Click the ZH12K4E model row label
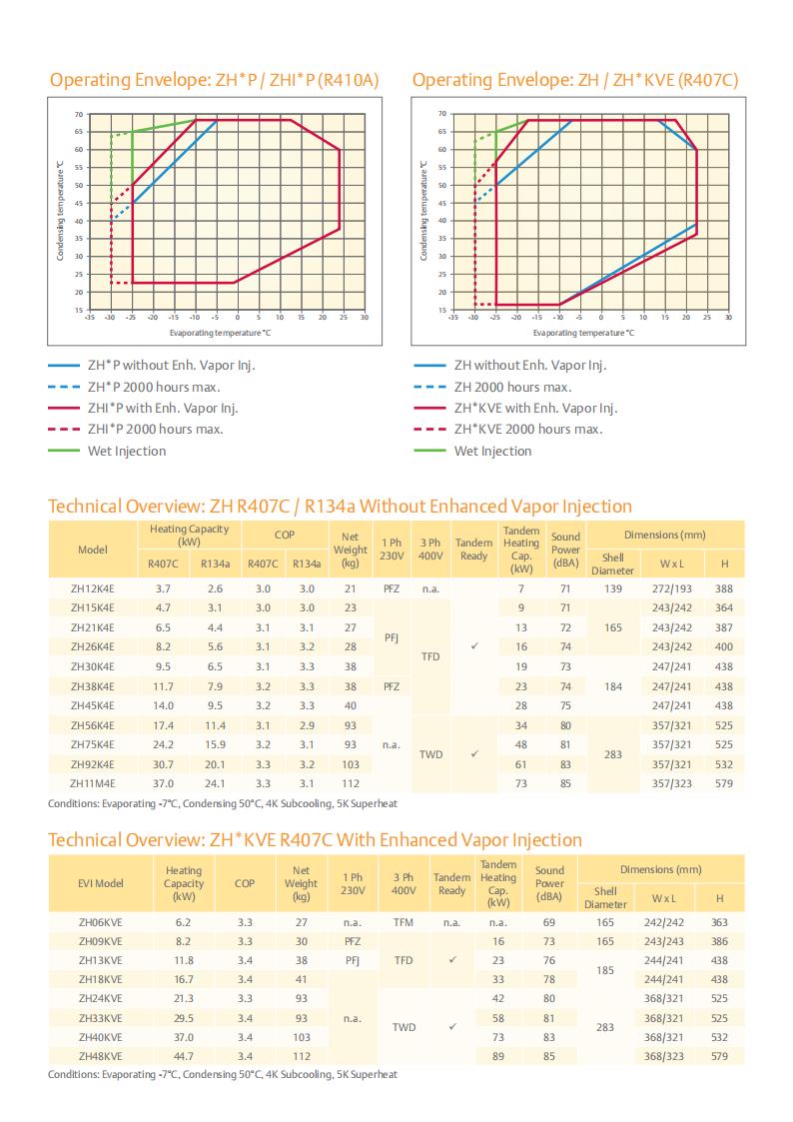92,588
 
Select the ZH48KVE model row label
100,1055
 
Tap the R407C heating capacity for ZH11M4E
163,783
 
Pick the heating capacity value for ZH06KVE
183,922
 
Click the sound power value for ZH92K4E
565,764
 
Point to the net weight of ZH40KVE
301,1036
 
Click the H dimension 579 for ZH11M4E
724,783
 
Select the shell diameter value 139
612,588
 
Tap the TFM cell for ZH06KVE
403,922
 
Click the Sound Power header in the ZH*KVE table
549,883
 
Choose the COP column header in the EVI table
245,883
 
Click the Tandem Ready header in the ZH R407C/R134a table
473,549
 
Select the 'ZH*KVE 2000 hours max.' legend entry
528,429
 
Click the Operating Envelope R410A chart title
215,79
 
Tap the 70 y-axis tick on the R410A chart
79,114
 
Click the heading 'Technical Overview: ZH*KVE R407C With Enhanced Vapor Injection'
315,839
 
